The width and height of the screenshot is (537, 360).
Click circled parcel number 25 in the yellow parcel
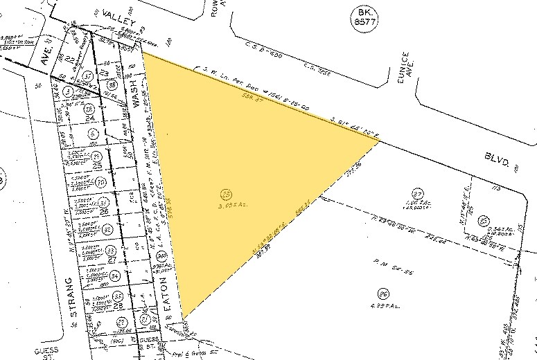(225, 195)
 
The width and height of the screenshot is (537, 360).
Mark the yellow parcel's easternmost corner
(380, 140)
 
